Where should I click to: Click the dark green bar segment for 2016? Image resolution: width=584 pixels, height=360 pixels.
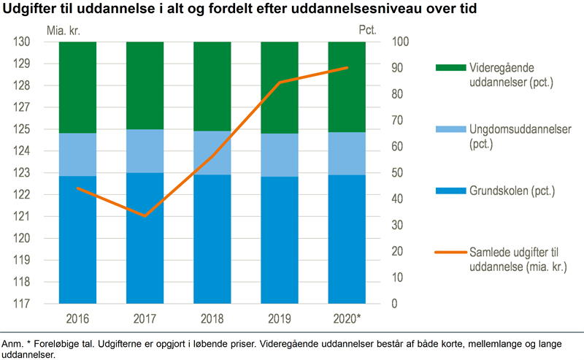click(77, 88)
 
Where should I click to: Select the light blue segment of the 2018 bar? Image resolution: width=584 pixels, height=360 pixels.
click(212, 153)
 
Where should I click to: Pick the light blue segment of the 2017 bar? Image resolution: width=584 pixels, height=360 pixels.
click(145, 151)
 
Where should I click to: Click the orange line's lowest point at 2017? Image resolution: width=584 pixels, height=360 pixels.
click(145, 216)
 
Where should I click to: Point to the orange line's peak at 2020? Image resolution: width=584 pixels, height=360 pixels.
click(347, 68)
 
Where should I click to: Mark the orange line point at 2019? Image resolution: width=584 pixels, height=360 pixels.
click(280, 83)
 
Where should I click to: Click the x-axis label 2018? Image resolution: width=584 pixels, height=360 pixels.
click(212, 319)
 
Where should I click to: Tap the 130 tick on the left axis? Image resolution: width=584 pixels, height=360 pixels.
click(23, 42)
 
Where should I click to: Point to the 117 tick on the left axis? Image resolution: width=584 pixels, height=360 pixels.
click(23, 304)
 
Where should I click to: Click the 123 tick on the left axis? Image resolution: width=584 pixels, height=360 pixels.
click(23, 173)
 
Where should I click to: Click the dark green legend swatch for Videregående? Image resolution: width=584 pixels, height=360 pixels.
click(450, 68)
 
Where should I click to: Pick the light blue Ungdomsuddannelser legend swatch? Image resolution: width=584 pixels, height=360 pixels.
click(450, 129)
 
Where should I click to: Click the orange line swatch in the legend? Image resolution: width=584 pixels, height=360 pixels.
click(450, 253)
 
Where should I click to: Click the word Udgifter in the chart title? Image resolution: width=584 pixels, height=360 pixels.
click(34, 9)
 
